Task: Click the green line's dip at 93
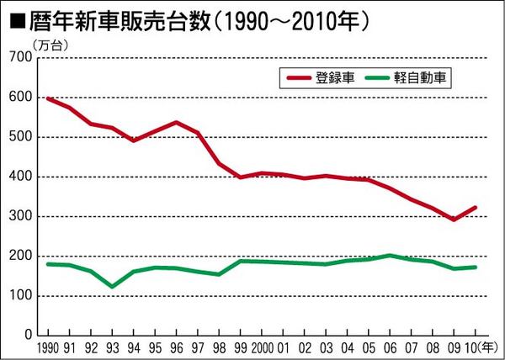[x=113, y=287]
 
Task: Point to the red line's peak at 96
[x=177, y=122]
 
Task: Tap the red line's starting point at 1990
[x=47, y=98]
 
